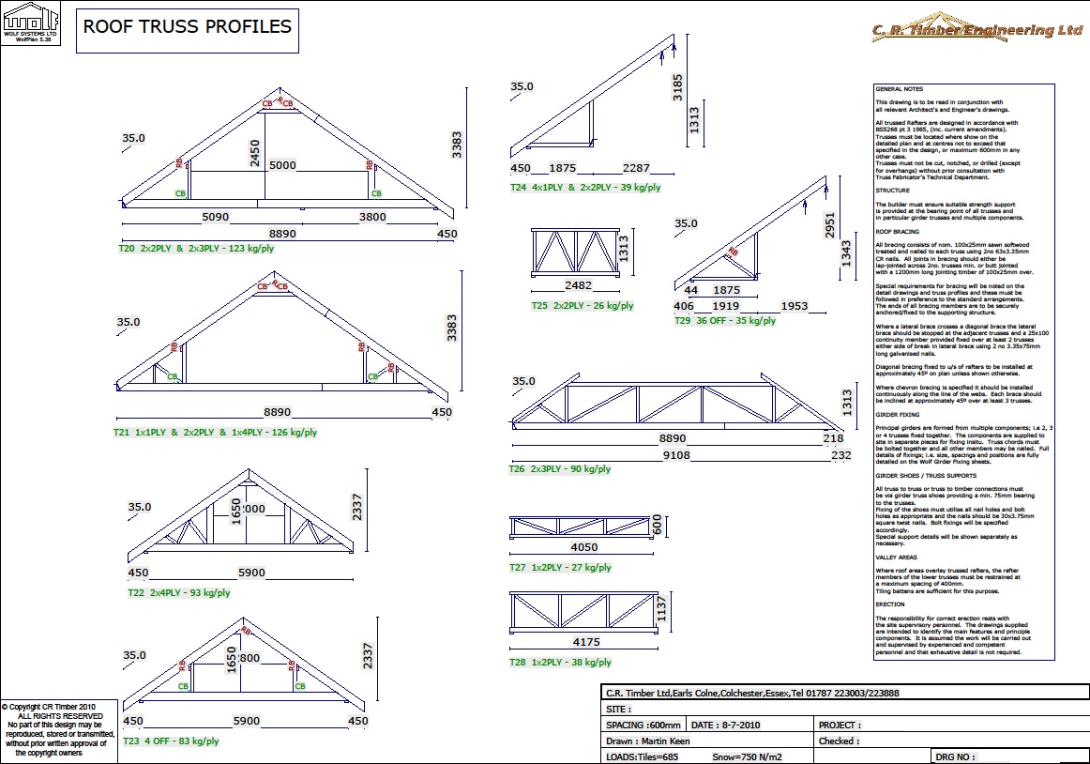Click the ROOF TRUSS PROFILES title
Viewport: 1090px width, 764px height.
pos(188,27)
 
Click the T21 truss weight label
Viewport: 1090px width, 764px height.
pos(215,433)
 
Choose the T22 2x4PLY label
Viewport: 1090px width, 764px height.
pos(178,592)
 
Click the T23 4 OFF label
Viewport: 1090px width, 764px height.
pos(173,741)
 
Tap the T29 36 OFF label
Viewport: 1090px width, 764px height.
pos(724,320)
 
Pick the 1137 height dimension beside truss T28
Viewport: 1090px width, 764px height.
pos(661,612)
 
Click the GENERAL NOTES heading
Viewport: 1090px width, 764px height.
pos(899,89)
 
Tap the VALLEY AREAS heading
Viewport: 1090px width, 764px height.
pos(896,557)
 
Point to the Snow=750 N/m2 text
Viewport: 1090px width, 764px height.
pos(749,756)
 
